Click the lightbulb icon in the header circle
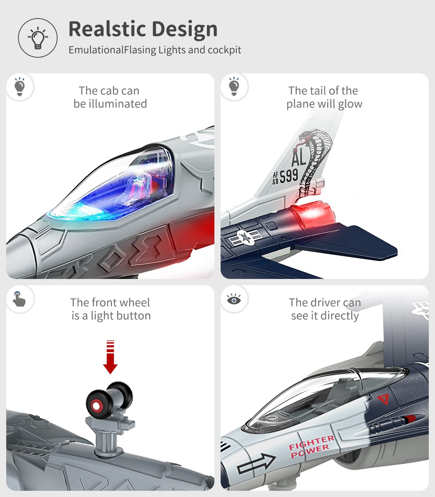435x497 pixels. (38, 38)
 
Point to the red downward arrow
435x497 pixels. (110, 357)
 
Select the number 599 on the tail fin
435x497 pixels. (289, 176)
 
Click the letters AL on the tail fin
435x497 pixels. (299, 157)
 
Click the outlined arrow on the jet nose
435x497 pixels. (256, 463)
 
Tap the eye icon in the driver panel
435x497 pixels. (234, 299)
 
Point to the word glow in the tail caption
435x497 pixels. (350, 104)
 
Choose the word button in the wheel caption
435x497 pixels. (133, 316)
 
